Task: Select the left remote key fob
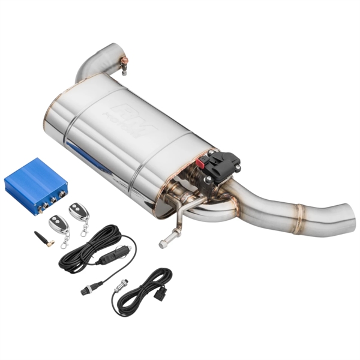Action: tap(58, 223)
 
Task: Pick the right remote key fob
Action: tap(78, 211)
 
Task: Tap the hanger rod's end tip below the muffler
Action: tap(163, 244)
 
